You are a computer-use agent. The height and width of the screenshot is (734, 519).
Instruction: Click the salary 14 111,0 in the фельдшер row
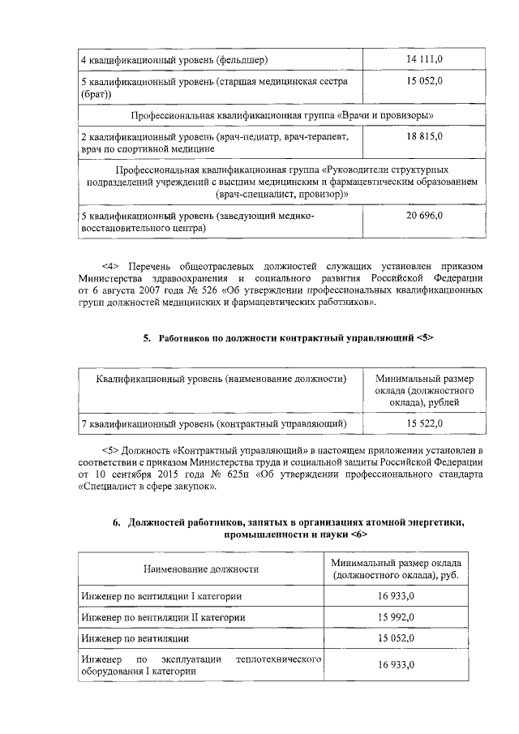(x=423, y=59)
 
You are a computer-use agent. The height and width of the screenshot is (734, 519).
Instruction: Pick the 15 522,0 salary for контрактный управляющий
(x=423, y=423)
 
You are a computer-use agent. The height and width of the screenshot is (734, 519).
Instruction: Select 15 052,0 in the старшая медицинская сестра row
(x=423, y=82)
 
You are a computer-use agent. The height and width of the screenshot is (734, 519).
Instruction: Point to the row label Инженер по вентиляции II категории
(x=163, y=617)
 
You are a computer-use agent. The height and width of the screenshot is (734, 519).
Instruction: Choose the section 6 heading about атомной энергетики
(x=295, y=529)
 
